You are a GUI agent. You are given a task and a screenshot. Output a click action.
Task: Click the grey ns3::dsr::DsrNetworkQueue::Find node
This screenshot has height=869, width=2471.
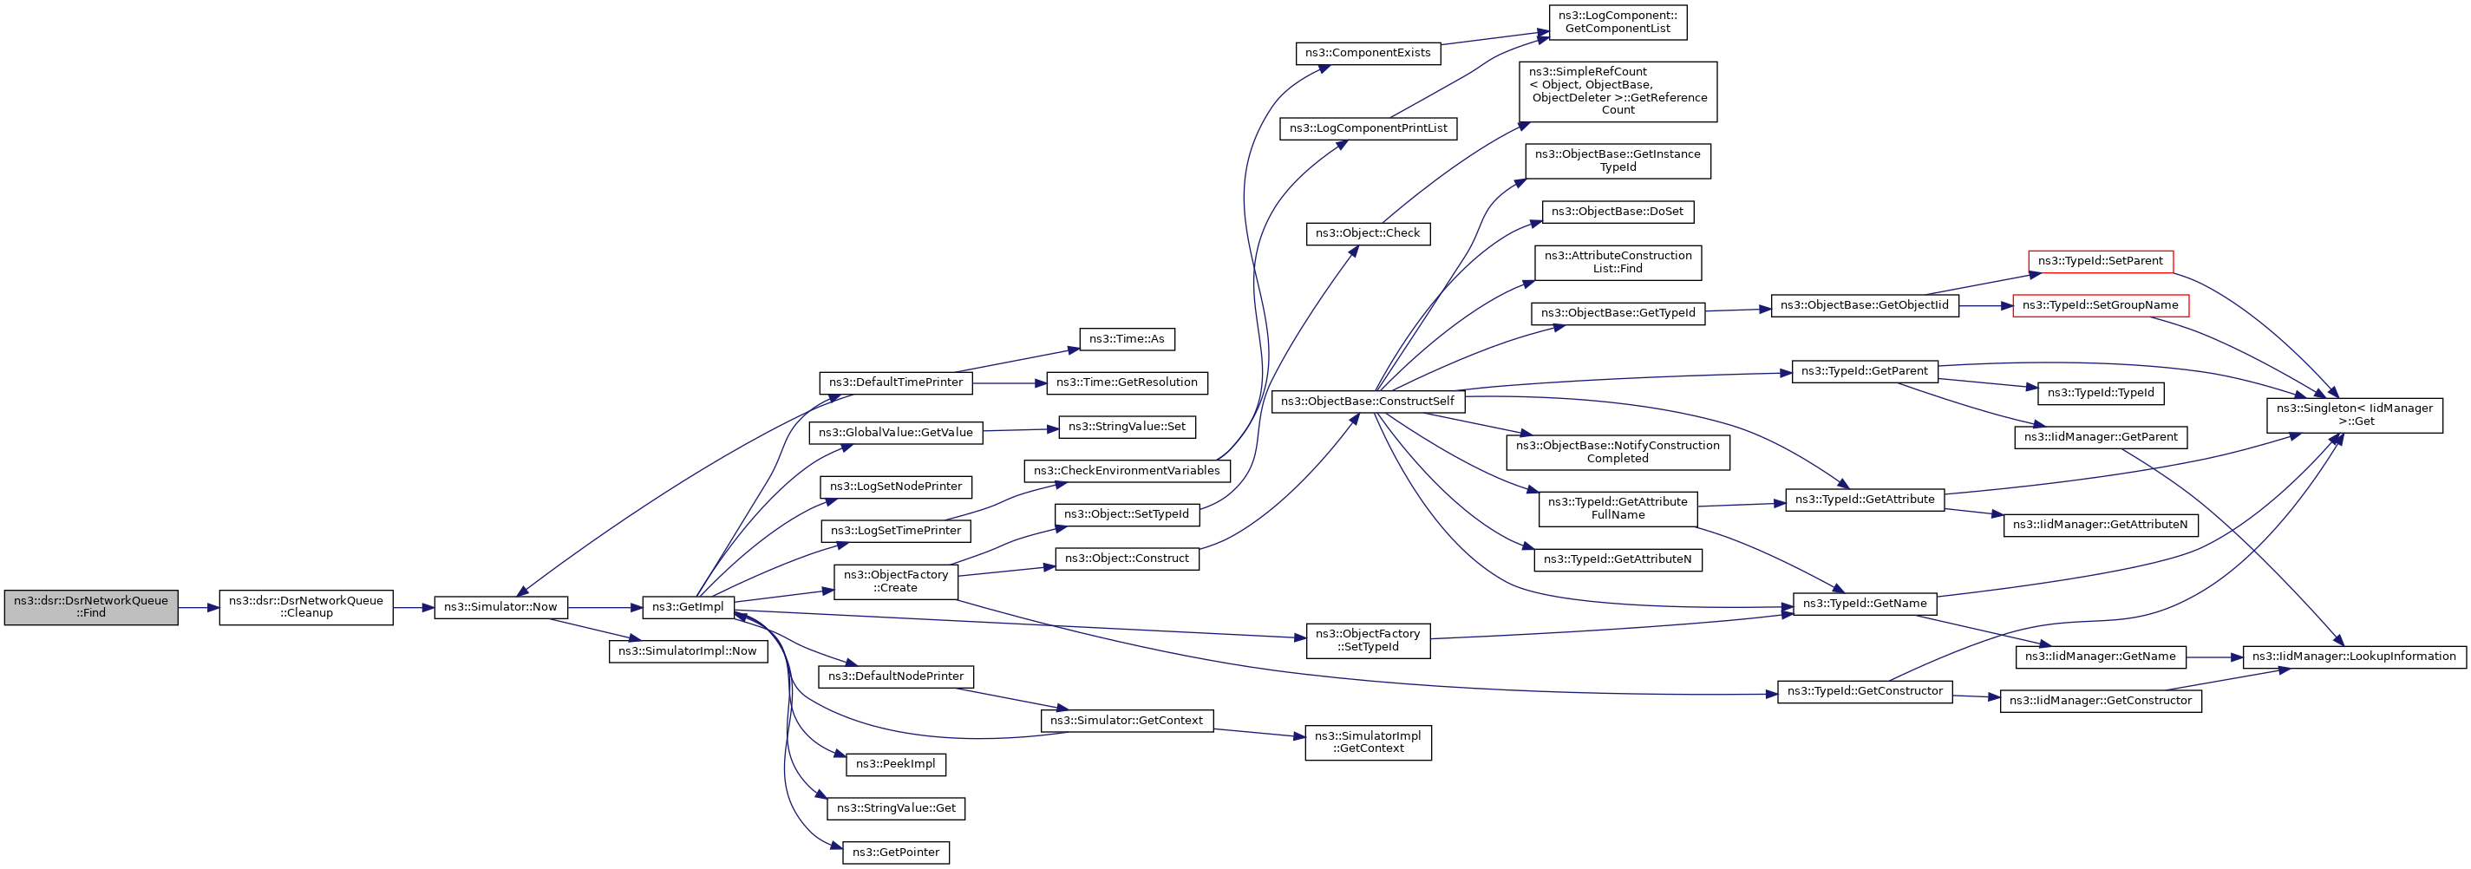coord(91,607)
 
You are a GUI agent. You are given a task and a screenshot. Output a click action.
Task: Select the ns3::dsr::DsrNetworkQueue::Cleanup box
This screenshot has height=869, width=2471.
coord(306,607)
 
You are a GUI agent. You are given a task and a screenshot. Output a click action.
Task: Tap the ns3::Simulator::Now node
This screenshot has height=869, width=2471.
coord(500,607)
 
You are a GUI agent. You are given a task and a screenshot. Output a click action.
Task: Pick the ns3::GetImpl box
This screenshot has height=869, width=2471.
coord(688,607)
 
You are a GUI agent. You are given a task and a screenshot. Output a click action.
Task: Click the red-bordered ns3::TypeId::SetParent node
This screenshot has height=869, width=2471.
coord(2101,261)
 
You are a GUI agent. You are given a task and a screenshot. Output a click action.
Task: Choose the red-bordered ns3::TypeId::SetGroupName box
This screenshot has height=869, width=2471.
coord(2101,305)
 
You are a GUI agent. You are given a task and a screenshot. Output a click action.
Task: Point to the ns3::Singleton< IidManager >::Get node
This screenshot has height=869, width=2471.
coord(2355,415)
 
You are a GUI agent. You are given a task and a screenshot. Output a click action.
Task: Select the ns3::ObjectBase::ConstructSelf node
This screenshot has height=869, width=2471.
coord(1368,402)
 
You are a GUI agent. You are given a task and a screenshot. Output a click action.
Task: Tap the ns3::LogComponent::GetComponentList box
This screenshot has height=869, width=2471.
coord(1618,22)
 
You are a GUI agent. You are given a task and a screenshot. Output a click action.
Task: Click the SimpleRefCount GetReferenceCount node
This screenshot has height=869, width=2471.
coord(1618,91)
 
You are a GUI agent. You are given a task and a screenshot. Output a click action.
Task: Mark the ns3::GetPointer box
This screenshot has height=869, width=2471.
coord(896,853)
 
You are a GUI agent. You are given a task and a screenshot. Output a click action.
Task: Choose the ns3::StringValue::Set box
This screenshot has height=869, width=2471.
coord(1128,427)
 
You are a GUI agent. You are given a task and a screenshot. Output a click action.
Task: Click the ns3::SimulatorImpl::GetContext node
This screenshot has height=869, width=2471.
coord(1368,742)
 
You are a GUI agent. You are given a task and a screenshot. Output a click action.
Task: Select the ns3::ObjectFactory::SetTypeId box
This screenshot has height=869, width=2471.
coord(1368,641)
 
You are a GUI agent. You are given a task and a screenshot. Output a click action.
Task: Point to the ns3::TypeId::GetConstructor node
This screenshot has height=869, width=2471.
coord(1865,691)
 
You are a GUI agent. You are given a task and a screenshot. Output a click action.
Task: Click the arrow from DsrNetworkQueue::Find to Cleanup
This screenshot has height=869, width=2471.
coord(199,608)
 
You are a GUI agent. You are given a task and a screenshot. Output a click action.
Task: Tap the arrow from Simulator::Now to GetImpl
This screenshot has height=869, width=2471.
coord(605,608)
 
